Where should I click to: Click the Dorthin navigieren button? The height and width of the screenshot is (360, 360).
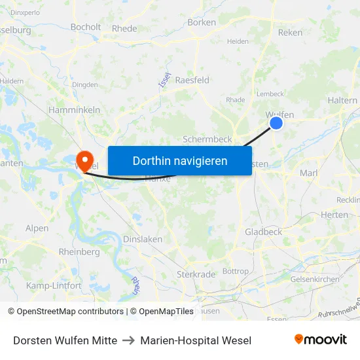[179, 160]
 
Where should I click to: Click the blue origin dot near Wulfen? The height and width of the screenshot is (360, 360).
[276, 122]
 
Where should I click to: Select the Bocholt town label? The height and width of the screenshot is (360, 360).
[86, 27]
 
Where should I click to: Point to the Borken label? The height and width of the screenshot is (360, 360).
[202, 22]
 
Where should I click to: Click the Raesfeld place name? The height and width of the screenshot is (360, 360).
[192, 80]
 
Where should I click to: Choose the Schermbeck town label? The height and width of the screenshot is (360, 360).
[207, 139]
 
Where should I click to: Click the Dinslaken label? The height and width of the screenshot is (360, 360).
[143, 240]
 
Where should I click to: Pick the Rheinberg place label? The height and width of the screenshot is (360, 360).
[79, 252]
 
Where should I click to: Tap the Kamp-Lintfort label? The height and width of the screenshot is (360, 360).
[54, 285]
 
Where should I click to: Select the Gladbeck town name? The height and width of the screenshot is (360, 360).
[263, 232]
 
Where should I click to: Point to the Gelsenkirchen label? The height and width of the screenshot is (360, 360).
[315, 279]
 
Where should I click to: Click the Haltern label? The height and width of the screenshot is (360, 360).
[342, 100]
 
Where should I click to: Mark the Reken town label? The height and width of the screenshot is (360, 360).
[291, 32]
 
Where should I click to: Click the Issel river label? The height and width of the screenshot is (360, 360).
[164, 80]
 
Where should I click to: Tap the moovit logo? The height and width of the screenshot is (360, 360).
[321, 340]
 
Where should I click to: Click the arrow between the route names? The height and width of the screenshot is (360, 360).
[129, 340]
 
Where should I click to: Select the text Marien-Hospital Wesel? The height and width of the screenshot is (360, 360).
[196, 340]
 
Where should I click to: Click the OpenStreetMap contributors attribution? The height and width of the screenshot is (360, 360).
[66, 312]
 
